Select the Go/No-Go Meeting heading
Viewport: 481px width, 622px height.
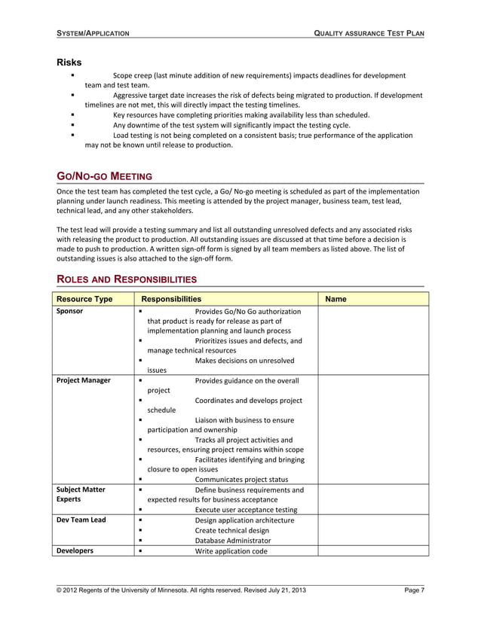click(x=105, y=176)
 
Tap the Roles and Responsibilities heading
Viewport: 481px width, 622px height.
click(x=127, y=279)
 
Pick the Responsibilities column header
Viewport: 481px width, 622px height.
click(x=171, y=299)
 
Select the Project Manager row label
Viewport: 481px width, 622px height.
click(x=84, y=380)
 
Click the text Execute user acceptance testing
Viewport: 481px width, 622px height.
click(x=246, y=509)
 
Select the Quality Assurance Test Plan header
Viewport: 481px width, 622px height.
click(x=369, y=34)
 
